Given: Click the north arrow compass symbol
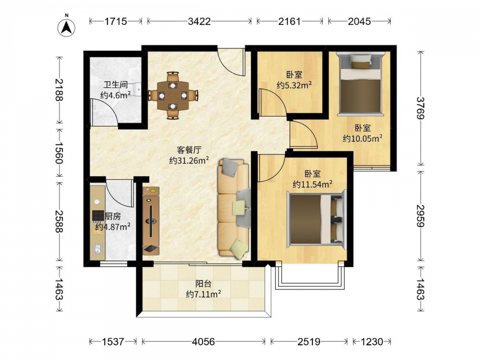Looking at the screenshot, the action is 66,27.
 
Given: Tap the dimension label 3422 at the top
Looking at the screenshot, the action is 199,22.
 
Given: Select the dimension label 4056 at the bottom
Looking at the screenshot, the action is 203,341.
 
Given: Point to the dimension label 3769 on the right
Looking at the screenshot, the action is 421,108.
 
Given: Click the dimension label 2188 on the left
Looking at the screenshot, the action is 60,90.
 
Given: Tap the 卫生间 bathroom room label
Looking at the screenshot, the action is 115,84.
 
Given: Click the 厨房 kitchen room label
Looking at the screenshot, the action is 113,216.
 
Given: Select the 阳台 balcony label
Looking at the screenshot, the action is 203,284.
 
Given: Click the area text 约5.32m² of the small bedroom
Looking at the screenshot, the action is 294,85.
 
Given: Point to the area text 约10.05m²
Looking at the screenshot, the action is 362,138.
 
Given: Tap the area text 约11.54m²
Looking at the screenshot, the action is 312,184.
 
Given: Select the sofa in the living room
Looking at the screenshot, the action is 234,207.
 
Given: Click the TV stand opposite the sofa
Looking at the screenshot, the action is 151,221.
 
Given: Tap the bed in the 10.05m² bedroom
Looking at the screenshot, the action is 360,84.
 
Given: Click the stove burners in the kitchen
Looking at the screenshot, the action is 98,216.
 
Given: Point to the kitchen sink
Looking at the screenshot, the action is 98,249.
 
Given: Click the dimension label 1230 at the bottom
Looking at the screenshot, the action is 372,341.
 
